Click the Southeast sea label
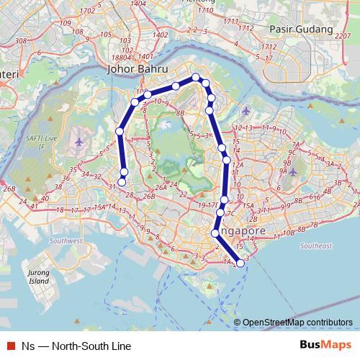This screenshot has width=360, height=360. pyautogui.click(x=316, y=246)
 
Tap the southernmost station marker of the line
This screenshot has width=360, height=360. pyautogui.click(x=240, y=264)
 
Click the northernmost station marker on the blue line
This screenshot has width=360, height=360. pyautogui.click(x=195, y=76)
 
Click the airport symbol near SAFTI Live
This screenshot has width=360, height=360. pyautogui.click(x=79, y=140)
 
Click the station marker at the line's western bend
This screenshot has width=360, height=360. pyautogui.click(x=120, y=131)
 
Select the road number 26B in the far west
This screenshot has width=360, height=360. pyautogui.click(x=9, y=189)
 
